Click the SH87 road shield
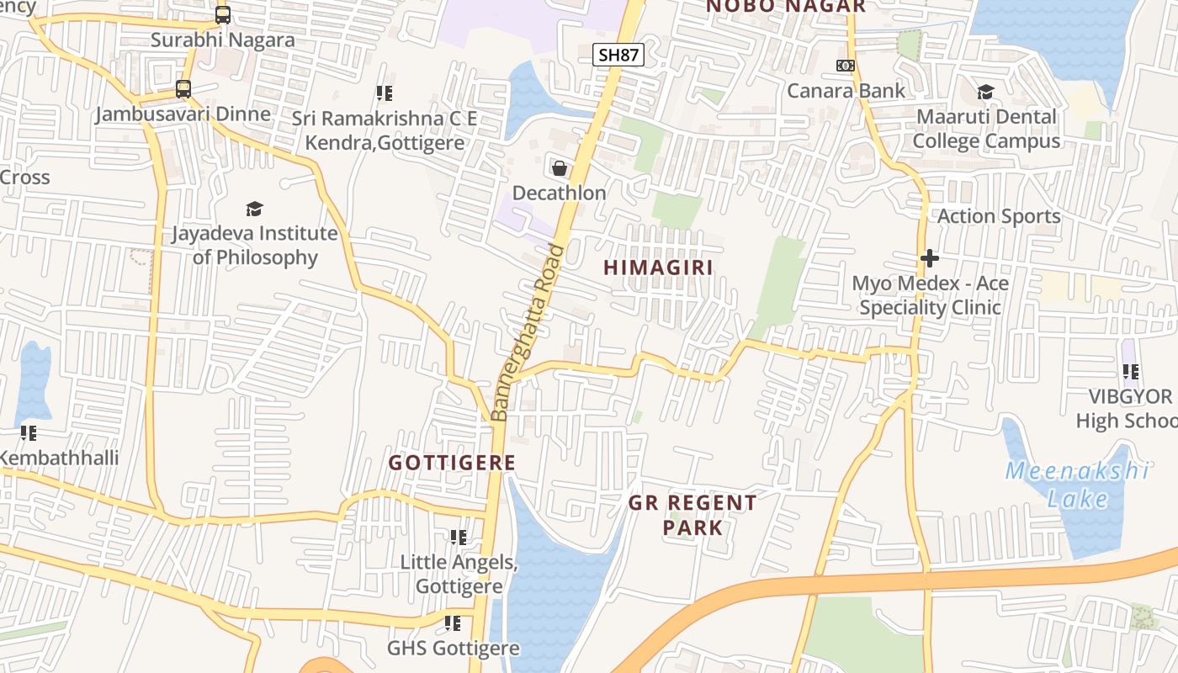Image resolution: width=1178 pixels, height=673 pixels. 618,56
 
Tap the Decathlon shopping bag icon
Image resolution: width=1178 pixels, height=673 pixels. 559,168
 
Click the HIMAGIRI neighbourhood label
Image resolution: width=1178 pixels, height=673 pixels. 658,268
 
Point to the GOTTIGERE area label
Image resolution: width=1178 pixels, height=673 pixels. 452,463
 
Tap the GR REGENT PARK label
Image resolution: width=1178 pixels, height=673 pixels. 692,515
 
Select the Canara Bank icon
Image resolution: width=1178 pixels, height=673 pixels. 845,66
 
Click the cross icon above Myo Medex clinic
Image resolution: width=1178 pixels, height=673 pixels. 929,258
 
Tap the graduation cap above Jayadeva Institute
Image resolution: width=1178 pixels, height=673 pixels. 254,209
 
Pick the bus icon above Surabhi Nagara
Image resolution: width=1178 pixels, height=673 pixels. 222,15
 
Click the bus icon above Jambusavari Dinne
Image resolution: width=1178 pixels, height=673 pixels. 183,89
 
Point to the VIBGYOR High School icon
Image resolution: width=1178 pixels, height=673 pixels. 1130,371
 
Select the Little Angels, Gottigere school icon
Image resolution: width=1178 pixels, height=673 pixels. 458,537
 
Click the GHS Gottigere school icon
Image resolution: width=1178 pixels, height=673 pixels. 453,623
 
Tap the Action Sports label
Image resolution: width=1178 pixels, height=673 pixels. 999,216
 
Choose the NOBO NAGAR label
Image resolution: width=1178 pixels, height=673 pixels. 785,7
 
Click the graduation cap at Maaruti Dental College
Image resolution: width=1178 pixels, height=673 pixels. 985,92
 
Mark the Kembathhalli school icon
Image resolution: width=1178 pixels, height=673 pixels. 29,433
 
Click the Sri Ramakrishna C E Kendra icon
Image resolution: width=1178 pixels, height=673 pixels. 384,93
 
